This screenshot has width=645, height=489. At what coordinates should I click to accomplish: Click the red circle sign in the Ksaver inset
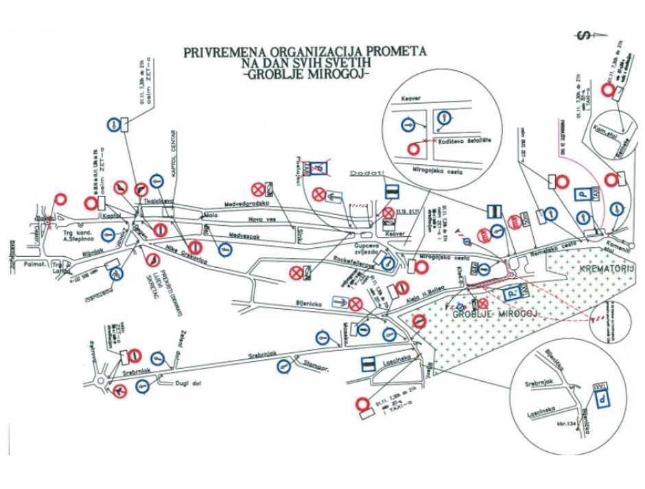point(412,148)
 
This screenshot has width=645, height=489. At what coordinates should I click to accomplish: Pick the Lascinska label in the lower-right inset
point(541,407)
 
